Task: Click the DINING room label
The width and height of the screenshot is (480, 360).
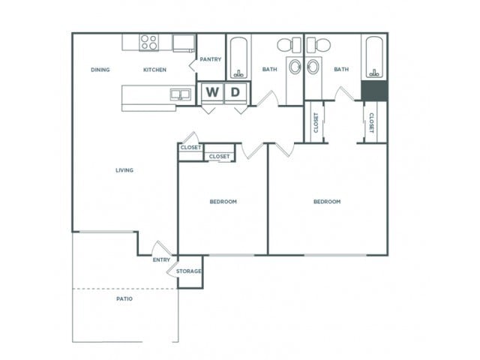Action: [100, 70]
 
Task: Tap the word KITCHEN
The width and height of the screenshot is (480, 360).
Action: [154, 70]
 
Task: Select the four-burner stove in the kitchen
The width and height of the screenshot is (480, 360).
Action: [149, 43]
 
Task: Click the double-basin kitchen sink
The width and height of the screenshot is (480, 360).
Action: [180, 94]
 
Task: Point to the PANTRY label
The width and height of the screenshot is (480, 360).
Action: [211, 59]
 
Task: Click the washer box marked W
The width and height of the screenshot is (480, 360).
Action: [212, 92]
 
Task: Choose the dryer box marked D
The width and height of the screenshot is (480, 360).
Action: [235, 92]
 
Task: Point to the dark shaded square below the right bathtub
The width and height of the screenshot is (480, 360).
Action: [373, 90]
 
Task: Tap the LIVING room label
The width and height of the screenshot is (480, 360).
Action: [124, 170]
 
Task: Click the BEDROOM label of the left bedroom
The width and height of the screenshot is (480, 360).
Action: [223, 202]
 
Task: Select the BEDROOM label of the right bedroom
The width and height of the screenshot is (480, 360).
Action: [327, 202]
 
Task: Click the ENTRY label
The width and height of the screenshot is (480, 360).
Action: [160, 259]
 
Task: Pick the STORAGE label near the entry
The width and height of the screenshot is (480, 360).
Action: [188, 271]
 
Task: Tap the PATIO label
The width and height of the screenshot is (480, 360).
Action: [124, 298]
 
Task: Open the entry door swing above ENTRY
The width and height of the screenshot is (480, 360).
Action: [161, 248]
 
